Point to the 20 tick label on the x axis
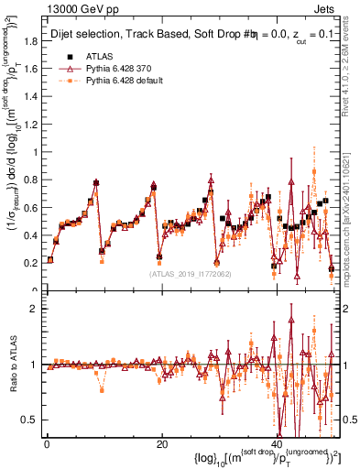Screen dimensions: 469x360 (161, 444)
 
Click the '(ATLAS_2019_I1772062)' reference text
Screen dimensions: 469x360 (190, 273)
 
